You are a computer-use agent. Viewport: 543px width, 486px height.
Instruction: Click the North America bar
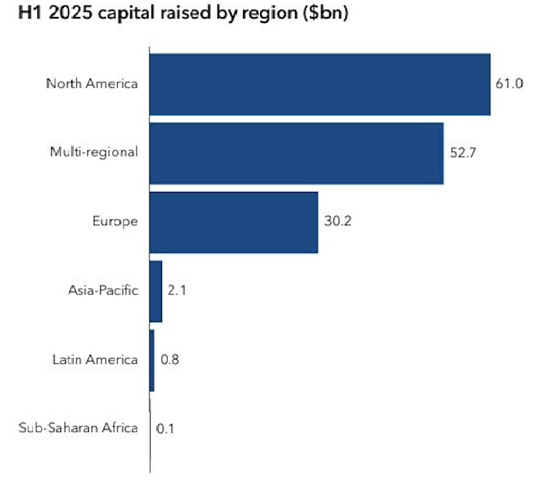coord(320,84)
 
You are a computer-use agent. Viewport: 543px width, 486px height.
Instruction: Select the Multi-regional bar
coord(296,153)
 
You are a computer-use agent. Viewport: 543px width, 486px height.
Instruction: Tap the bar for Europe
coord(234,222)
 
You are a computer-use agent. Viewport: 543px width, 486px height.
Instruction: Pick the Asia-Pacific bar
coord(156,291)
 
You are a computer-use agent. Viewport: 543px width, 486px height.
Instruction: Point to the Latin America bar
coord(152,360)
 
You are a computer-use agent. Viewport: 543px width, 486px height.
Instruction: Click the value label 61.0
coord(509,84)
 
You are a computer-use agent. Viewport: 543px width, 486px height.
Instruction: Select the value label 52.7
coord(463,153)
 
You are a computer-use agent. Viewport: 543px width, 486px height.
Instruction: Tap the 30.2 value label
coord(338,222)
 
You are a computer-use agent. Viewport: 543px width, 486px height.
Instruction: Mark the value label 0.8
coord(170,360)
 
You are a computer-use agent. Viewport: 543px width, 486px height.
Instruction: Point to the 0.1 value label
coord(166,428)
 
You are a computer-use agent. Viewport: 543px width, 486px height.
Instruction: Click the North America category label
coord(92,84)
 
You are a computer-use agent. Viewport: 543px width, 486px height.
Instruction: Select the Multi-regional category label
coord(95,153)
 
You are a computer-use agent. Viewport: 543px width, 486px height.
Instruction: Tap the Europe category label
coord(115,222)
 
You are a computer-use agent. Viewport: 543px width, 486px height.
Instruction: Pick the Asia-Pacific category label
coord(103,291)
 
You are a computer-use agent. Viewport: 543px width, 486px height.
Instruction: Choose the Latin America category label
coord(95,360)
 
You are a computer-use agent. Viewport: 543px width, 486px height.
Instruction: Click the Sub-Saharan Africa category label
coord(77,428)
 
